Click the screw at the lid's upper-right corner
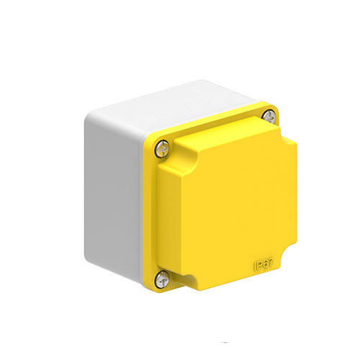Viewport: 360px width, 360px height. [268, 116]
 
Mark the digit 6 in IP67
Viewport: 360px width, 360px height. [267, 267]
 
